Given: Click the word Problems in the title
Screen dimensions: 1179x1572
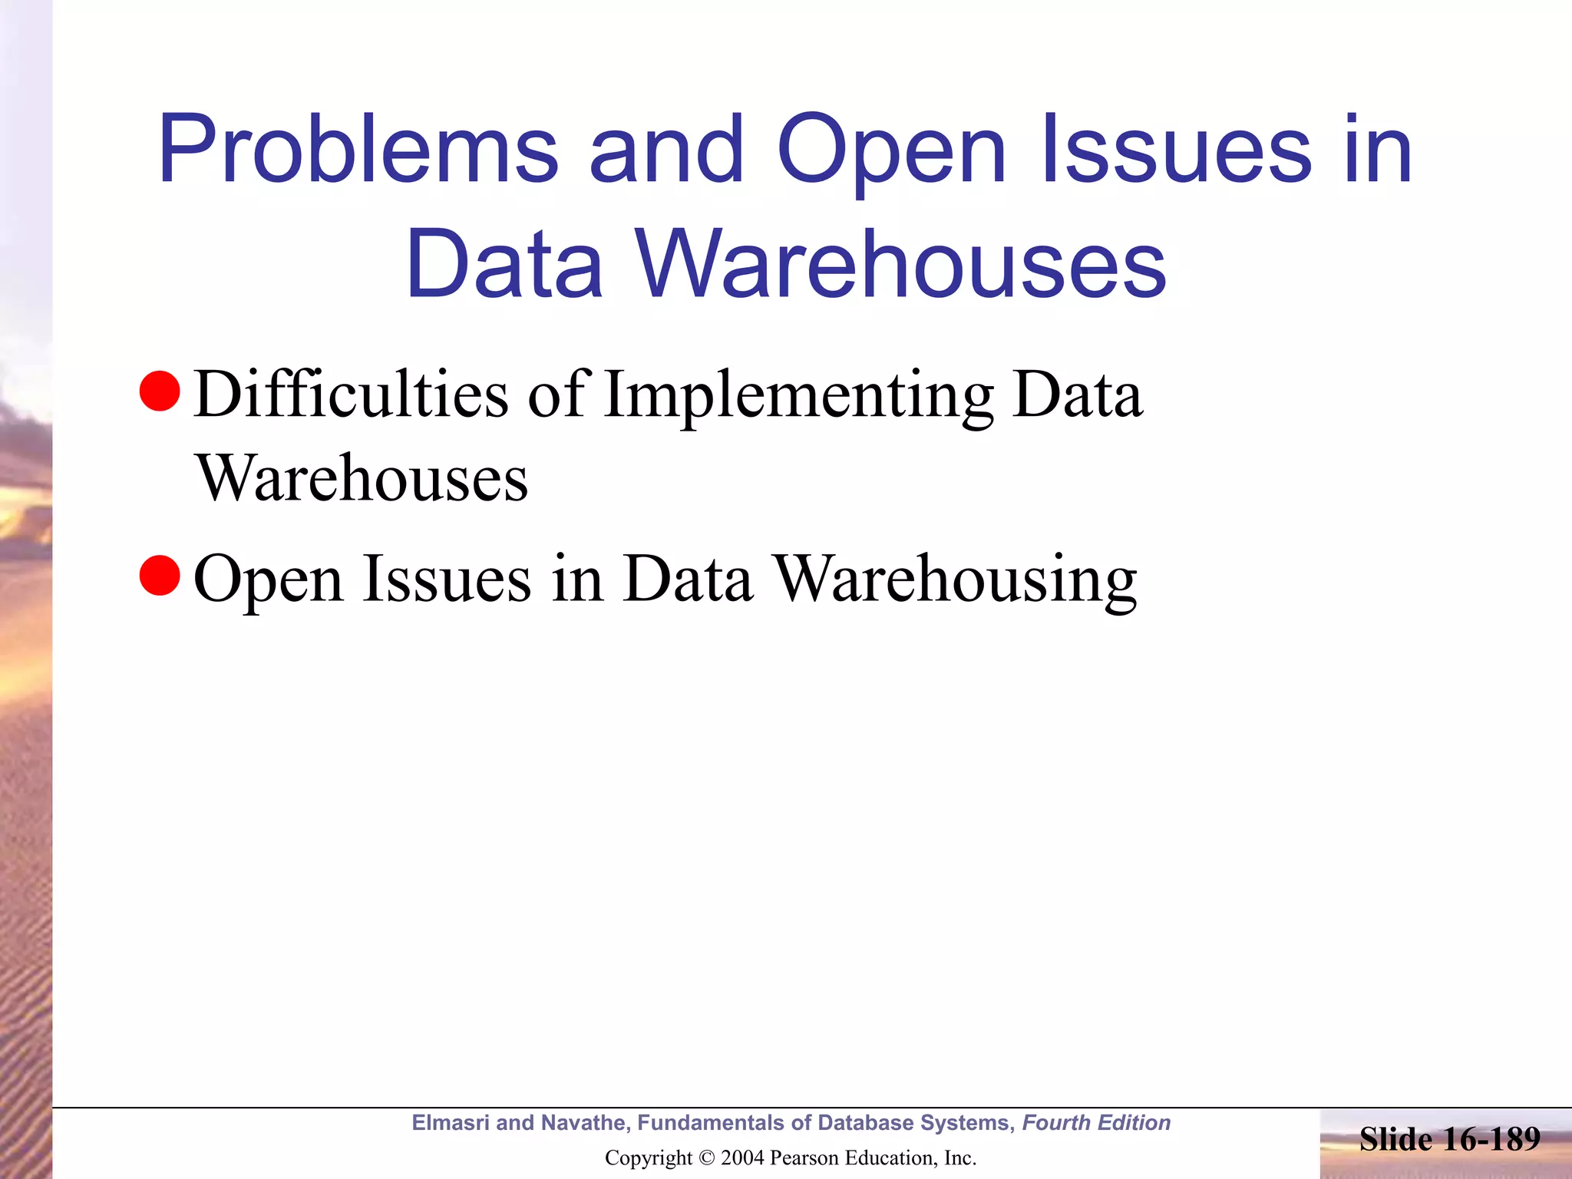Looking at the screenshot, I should (358, 150).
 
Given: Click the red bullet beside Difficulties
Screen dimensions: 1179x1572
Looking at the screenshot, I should (160, 391).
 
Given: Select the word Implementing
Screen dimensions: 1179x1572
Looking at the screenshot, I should (798, 396).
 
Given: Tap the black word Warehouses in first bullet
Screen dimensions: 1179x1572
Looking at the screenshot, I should (362, 479).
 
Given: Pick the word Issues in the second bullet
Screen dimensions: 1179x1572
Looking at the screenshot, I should (447, 579).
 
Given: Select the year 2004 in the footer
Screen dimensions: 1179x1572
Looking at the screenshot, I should (742, 1158).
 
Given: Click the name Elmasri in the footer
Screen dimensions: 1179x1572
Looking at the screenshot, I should (451, 1123).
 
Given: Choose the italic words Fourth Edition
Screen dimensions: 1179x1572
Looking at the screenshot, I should (1096, 1123).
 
